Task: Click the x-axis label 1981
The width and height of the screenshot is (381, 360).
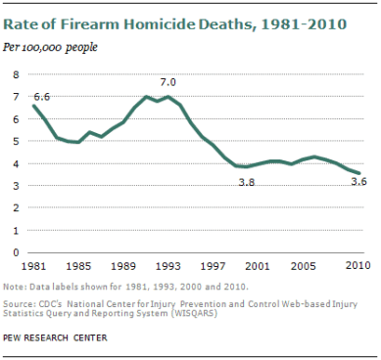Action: click(34, 266)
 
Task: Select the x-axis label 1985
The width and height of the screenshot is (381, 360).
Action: click(79, 266)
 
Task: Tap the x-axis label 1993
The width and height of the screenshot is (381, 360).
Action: click(168, 266)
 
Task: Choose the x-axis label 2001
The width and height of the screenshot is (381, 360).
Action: click(259, 266)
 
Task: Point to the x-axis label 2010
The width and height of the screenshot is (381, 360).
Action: click(357, 266)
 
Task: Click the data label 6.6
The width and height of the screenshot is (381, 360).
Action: click(42, 96)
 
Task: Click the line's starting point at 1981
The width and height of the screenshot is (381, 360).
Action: click(34, 106)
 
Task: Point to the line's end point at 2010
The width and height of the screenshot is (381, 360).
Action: click(359, 172)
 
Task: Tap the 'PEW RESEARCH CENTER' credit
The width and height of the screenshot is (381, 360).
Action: click(55, 337)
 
